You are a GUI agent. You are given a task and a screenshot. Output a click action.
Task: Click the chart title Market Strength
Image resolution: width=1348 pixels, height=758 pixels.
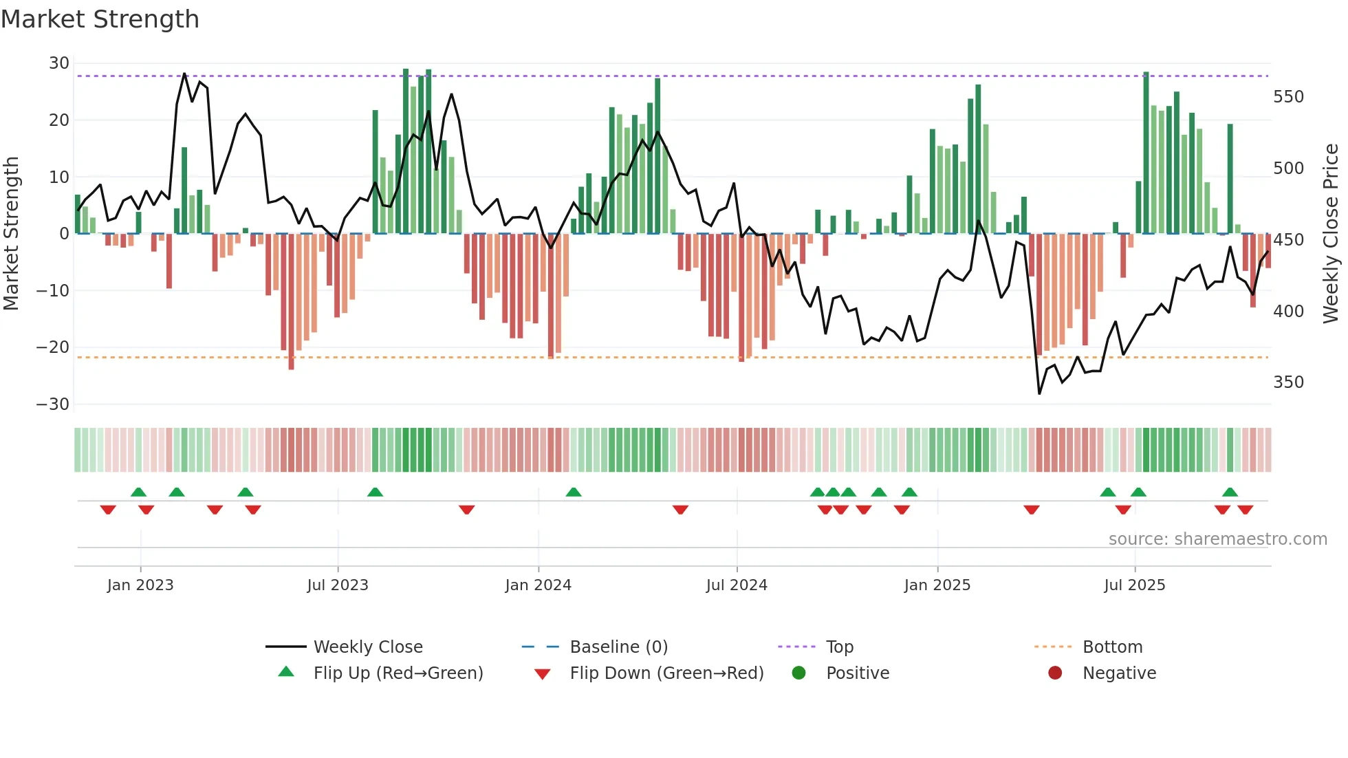coord(100,19)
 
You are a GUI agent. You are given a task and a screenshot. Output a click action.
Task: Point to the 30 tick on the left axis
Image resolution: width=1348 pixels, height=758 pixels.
coord(59,63)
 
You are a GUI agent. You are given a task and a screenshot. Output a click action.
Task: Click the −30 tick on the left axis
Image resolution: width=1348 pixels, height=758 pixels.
coord(53,404)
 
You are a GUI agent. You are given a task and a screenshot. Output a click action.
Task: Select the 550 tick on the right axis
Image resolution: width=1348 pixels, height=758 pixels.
coord(1287,97)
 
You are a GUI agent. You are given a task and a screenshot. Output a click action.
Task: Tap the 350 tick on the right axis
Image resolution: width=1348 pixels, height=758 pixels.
coord(1287,382)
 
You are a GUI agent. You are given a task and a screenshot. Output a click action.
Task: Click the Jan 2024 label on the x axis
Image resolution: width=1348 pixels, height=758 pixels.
coord(538,585)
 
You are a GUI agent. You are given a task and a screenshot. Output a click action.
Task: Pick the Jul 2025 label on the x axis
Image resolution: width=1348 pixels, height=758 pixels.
coord(1134,585)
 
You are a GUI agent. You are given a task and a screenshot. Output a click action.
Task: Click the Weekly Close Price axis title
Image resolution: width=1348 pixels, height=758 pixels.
coord(1330,234)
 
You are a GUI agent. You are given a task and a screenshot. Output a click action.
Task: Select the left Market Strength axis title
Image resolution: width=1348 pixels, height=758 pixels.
coord(11,234)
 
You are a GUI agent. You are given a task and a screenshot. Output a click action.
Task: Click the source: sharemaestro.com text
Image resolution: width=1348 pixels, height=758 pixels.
coord(1217,539)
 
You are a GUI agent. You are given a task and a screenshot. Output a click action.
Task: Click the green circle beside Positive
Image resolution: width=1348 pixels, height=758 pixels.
coord(798,673)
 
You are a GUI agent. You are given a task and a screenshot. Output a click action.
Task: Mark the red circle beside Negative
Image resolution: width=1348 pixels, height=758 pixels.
coord(1055,673)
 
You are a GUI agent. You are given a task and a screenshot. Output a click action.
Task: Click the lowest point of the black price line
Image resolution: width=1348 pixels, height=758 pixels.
coord(1039,393)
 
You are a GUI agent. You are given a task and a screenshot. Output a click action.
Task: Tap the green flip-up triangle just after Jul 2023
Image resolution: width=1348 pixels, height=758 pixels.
coord(375,492)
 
